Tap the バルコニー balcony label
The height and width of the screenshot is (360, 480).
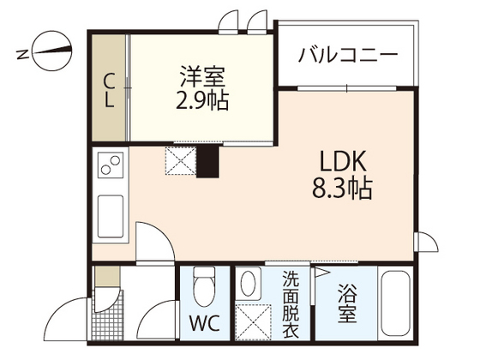click(348, 55)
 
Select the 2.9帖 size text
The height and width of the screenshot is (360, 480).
click(202, 100)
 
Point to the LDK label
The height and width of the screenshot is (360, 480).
click(343, 161)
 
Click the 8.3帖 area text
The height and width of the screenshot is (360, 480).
click(342, 188)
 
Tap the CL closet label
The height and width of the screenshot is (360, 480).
click(109, 91)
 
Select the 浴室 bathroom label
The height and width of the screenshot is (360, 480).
click(347, 303)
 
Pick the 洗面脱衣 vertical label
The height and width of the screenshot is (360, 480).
click(291, 303)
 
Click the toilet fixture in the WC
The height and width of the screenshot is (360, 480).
click(205, 286)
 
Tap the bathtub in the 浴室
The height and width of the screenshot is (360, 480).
click(395, 303)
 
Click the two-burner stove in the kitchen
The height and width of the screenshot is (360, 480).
click(111, 165)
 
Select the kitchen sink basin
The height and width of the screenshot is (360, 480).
click(111, 216)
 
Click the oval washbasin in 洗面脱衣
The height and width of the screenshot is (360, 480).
click(249, 283)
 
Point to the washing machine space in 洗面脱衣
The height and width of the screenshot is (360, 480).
click(253, 321)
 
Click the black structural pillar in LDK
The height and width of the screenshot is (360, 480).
click(207, 161)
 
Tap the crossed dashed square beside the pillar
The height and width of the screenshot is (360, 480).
click(181, 161)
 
